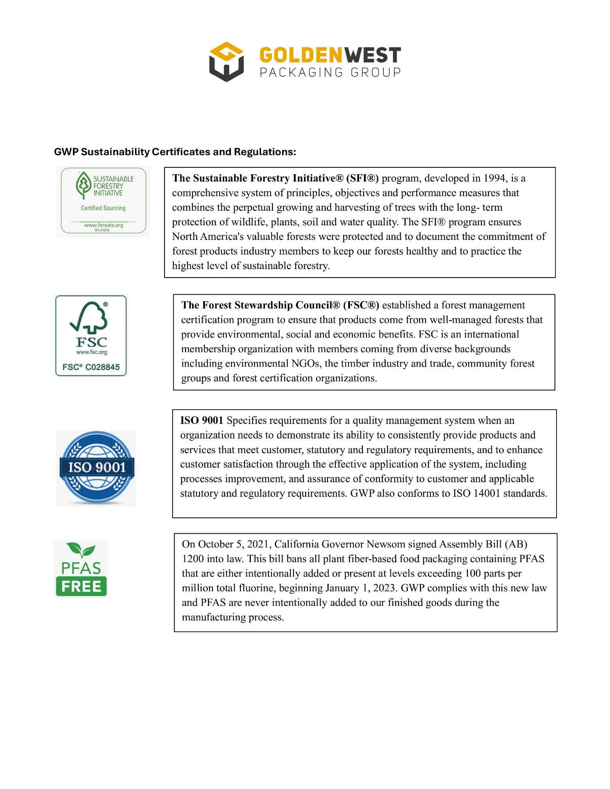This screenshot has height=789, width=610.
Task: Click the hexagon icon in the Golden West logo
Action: pyautogui.click(x=226, y=62)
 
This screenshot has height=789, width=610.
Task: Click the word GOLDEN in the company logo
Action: pyautogui.click(x=301, y=55)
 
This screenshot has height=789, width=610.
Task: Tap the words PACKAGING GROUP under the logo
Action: pyautogui.click(x=330, y=73)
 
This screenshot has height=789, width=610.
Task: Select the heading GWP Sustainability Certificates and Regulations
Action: pyautogui.click(x=175, y=152)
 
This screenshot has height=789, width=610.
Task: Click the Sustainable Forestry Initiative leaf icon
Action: pyautogui.click(x=83, y=185)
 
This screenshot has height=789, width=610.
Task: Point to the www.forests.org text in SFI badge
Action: pyautogui.click(x=103, y=225)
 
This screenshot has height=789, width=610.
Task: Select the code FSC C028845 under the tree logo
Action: pyautogui.click(x=91, y=367)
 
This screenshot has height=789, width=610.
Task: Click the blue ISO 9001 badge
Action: pyautogui.click(x=96, y=468)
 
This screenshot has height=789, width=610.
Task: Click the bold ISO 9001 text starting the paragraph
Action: pyautogui.click(x=201, y=421)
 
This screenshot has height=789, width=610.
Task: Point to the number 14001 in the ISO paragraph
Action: pyautogui.click(x=487, y=494)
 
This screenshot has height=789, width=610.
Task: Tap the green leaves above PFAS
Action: pyautogui.click(x=81, y=550)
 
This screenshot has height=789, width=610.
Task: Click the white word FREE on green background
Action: pyautogui.click(x=81, y=586)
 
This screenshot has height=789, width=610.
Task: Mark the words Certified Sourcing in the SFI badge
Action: pyautogui.click(x=103, y=208)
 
